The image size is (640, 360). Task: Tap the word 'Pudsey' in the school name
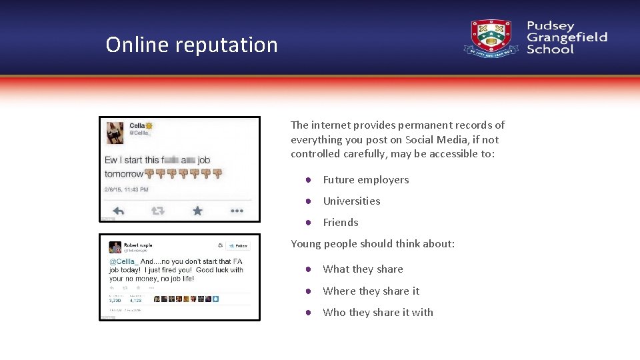pos(550,26)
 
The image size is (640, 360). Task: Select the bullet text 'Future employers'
pos(365,180)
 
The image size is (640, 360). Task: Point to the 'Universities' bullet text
pos(351,201)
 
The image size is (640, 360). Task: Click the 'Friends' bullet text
pos(341,223)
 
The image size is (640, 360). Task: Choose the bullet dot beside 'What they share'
pos(309,269)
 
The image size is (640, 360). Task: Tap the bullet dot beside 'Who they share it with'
pos(309,313)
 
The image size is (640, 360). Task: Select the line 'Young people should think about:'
pos(373,244)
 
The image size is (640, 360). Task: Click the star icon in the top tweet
pos(197,211)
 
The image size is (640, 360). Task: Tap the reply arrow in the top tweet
pos(119,211)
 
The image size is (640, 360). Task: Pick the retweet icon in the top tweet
pos(158,211)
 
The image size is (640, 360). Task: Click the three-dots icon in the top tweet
pos(237,211)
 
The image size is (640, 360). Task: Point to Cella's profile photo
pos(115,133)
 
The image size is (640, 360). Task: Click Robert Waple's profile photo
pos(115,247)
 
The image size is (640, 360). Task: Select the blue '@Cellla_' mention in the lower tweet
pos(123,262)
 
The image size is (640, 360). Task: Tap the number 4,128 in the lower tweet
pos(133,301)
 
